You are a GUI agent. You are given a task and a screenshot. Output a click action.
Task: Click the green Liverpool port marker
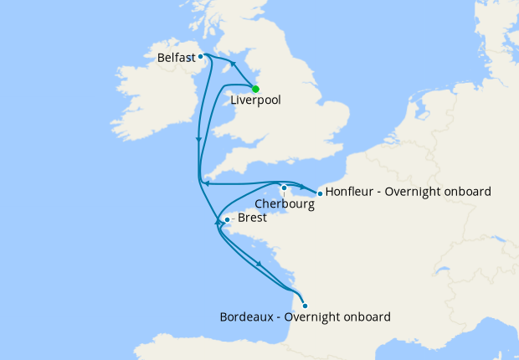tap(255, 89)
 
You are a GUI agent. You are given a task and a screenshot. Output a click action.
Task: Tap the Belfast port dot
tap(200, 57)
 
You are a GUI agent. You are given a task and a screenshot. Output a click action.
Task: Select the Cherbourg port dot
tap(285, 188)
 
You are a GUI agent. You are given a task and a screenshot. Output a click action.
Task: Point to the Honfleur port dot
tap(320, 193)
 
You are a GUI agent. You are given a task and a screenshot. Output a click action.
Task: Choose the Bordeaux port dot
tap(305, 306)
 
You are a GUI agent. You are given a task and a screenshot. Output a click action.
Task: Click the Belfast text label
tap(175, 59)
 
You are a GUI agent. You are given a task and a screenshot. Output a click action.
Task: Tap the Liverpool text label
tap(255, 100)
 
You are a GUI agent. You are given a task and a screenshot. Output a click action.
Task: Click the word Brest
tap(253, 218)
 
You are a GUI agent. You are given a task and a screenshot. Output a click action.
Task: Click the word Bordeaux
tap(247, 317)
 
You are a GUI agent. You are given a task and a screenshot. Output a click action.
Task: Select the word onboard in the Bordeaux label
tap(366, 317)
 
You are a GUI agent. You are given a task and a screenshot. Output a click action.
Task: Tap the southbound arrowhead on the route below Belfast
tap(198, 140)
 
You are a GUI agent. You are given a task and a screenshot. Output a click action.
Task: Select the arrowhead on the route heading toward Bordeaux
tap(259, 265)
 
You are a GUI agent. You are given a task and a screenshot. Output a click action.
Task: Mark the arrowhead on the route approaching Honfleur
tap(301, 185)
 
